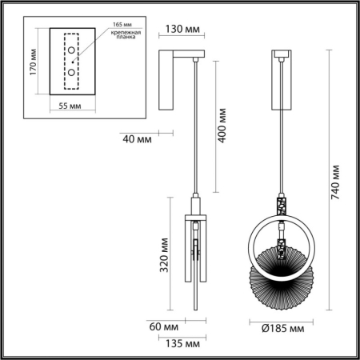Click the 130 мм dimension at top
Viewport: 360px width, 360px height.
point(182,30)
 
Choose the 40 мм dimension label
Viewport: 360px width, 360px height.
point(138,139)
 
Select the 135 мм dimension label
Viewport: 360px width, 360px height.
point(183,344)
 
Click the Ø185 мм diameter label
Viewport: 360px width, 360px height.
point(281,328)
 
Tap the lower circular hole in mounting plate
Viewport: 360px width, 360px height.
point(72,73)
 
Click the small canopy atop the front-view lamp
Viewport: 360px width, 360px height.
point(281,55)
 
